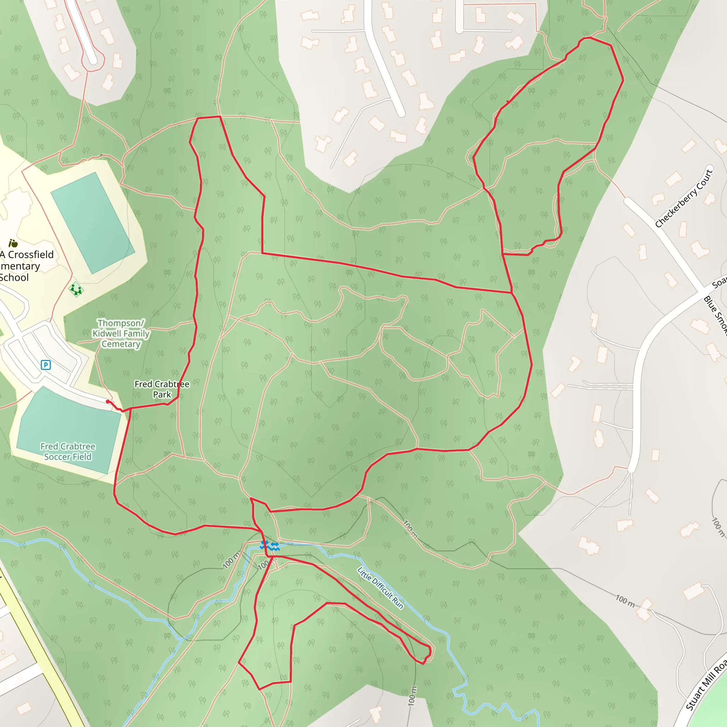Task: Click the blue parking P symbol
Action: click(45, 365)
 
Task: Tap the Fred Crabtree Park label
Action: click(162, 389)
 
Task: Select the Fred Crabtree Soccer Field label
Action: click(68, 451)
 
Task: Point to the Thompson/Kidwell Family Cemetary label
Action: click(121, 333)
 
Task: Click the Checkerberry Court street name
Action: click(684, 198)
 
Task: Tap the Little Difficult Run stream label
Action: click(380, 588)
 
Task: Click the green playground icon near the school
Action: click(76, 289)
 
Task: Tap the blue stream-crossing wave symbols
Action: click(269, 545)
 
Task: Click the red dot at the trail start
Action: click(108, 401)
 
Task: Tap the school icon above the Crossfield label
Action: click(13, 243)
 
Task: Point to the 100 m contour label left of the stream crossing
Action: click(231, 560)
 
